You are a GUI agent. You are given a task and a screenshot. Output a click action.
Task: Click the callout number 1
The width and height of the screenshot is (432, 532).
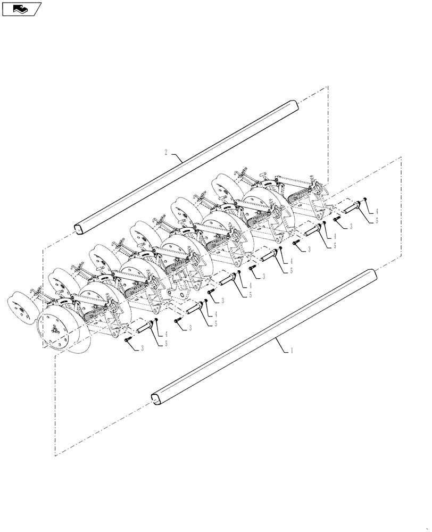(x=291, y=351)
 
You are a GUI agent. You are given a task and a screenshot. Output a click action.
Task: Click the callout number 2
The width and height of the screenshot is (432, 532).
(x=166, y=152)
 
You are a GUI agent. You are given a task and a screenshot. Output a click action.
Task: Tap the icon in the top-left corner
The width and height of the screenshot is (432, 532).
(x=21, y=9)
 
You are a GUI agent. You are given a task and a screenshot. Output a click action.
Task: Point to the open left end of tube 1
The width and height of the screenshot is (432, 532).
(x=155, y=398)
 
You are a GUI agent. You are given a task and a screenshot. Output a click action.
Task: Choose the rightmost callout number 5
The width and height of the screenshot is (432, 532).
(x=377, y=220)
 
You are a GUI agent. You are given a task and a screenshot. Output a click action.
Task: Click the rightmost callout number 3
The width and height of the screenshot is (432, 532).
(x=351, y=227)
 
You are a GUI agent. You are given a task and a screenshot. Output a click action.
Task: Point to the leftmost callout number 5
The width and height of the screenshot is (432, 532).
(x=166, y=344)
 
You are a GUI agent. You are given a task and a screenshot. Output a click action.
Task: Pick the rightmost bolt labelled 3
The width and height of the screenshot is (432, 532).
(x=337, y=219)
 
